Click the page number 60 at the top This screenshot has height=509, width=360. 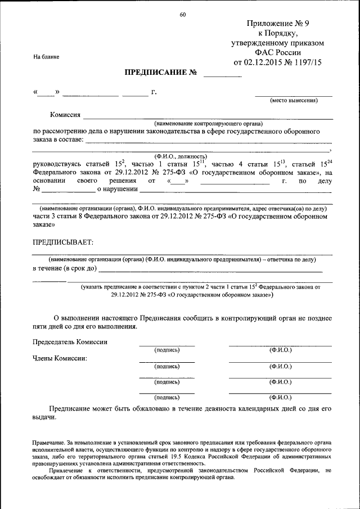[182, 15]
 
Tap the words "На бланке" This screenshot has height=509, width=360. [46, 57]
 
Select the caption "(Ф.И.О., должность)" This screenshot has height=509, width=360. [181, 156]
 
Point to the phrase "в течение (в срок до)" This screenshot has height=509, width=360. [65, 268]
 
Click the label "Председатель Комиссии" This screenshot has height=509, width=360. [70, 341]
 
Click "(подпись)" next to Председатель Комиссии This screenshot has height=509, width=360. [167, 350]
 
